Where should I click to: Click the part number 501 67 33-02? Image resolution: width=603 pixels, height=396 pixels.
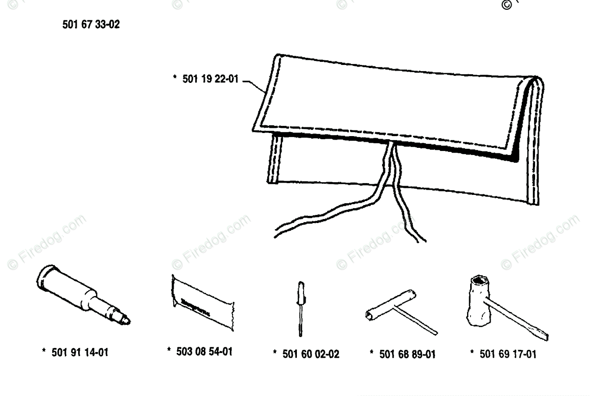point(91,25)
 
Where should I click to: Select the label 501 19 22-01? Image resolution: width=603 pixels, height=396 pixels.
point(210,80)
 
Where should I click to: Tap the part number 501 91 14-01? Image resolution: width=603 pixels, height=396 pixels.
point(80,353)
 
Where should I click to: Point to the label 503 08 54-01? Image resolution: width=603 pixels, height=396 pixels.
point(203,351)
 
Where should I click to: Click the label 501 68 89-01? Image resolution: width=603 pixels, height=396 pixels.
point(407,354)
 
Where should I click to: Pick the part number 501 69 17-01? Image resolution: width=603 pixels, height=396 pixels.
point(508,354)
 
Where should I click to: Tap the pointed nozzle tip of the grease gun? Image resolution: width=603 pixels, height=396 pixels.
point(127,321)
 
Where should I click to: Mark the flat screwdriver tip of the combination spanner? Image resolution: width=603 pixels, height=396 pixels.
point(544,337)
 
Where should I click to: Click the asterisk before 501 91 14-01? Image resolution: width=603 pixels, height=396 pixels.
point(44,351)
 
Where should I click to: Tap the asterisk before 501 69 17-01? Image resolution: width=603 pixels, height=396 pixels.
point(473,353)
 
